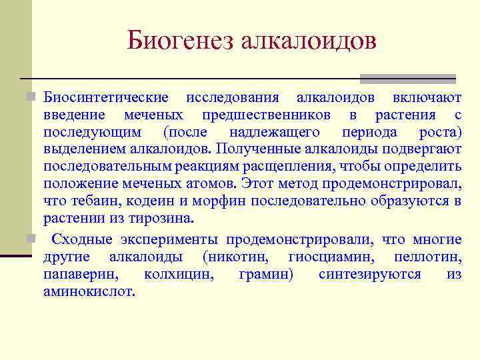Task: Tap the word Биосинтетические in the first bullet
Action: click(x=106, y=97)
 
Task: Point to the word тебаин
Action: click(x=89, y=201)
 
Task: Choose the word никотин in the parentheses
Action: click(x=238, y=257)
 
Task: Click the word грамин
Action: click(x=265, y=275)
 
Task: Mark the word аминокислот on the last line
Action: click(x=88, y=291)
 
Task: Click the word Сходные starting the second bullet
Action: click(x=83, y=240)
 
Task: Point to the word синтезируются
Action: click(x=369, y=275)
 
